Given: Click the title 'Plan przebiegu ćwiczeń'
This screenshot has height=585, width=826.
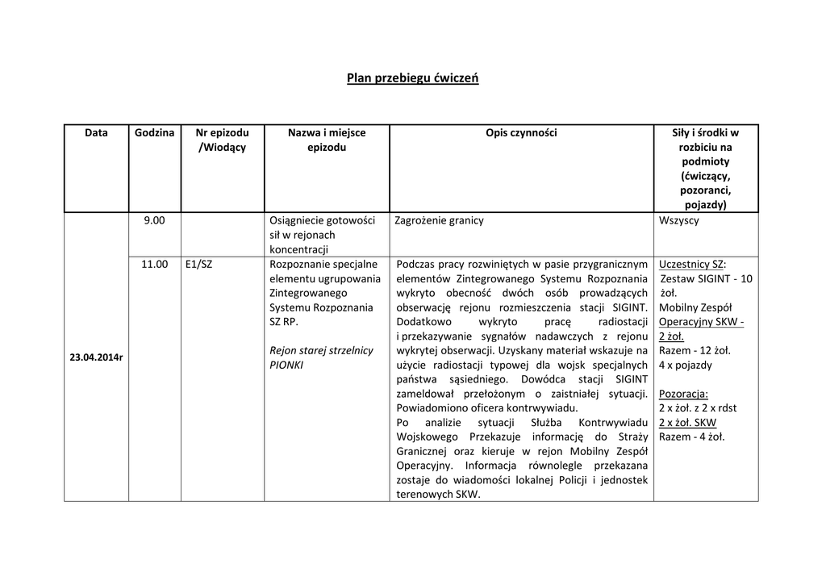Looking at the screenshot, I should coord(412,78).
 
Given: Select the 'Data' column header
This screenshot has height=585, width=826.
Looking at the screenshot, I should coord(96,132).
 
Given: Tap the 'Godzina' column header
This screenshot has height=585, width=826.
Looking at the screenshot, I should coord(154,132).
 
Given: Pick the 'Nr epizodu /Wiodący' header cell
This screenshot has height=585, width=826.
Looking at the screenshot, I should coord(222,140).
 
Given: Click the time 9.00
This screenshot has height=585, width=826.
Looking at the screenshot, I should coord(154,220).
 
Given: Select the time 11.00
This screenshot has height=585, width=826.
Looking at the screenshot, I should coord(155,264).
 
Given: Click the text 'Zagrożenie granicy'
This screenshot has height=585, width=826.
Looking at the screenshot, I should coord(439,220).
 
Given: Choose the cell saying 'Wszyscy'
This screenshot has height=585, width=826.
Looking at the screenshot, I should coord(679,220).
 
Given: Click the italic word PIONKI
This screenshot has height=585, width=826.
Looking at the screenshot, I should coord(286,365).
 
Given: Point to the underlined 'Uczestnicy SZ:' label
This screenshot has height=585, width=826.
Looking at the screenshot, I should coord(692,264).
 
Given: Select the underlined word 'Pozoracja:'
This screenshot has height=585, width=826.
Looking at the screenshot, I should coord(683,394).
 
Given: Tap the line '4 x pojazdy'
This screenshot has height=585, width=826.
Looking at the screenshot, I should coord(686,365).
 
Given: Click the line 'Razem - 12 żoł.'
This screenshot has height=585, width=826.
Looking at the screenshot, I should coord(695,350).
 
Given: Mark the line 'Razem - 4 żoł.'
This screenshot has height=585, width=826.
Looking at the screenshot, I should coord(691,437).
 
